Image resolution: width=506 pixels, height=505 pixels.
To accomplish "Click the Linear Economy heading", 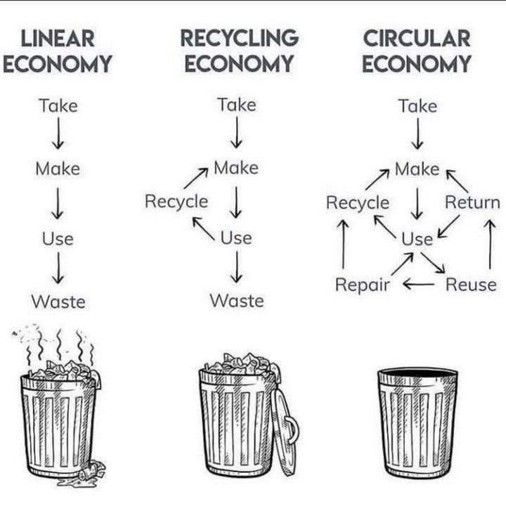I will [58, 51].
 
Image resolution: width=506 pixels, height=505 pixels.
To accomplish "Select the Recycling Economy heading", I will [239, 51].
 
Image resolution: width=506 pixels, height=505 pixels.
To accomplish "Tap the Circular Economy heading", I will [417, 51].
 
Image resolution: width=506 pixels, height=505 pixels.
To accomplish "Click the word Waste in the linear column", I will [58, 302].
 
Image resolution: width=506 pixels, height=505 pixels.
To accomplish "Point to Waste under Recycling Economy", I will [237, 300].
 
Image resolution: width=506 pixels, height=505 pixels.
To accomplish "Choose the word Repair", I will [362, 285].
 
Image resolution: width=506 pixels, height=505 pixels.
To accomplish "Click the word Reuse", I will [471, 285].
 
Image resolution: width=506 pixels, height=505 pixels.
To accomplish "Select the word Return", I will [472, 203].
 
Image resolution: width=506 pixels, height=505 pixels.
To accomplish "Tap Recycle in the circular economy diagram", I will [357, 203].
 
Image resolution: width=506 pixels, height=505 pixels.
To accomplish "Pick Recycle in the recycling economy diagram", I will [176, 202].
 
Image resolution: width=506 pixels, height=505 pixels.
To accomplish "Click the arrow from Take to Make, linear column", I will [58, 136].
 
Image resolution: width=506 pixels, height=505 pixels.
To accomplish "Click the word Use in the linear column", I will [58, 239].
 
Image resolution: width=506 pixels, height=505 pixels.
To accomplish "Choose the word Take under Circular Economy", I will [417, 106].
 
